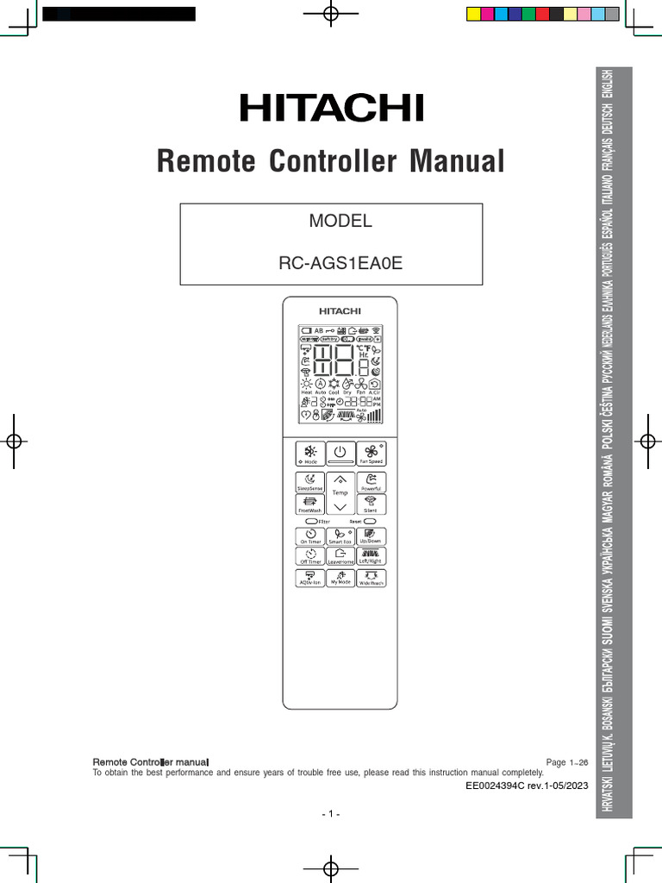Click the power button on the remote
point(340,454)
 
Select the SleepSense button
point(309,482)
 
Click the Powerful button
point(372,482)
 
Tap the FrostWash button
point(309,504)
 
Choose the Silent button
point(372,504)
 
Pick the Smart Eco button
point(340,536)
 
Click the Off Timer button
point(309,556)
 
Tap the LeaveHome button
point(340,556)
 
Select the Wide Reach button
point(372,578)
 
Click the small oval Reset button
point(371,522)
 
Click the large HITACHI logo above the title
point(332,109)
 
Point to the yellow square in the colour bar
point(472,14)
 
